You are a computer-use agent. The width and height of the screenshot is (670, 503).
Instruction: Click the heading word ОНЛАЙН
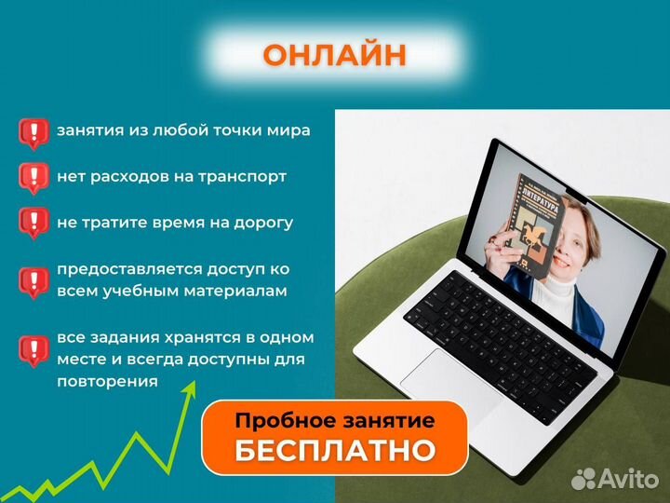pyautogui.click(x=334, y=55)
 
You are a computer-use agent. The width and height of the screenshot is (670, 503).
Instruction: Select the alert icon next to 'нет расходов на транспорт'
pyautogui.click(x=33, y=178)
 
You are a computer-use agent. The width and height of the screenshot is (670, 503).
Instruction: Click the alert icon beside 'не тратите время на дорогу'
pyautogui.click(x=33, y=224)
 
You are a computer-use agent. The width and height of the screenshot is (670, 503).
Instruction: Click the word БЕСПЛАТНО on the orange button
pyautogui.click(x=335, y=451)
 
